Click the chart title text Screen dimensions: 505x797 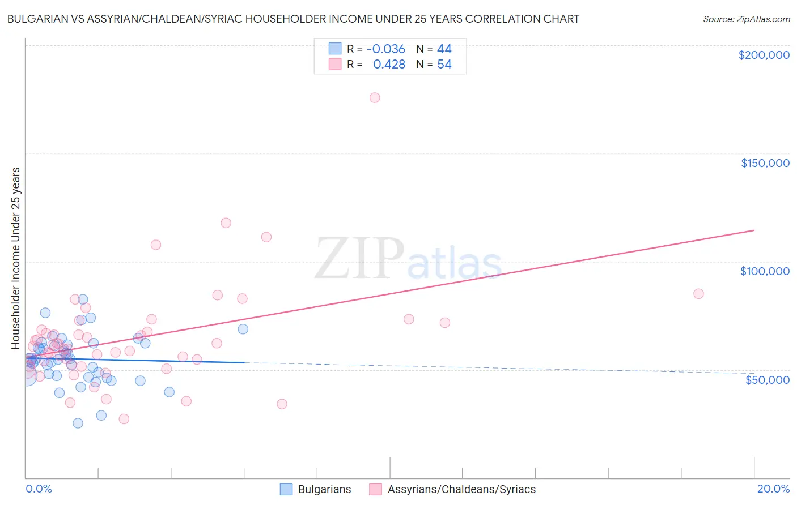tap(292, 19)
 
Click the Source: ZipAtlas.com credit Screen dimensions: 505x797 tap(746, 19)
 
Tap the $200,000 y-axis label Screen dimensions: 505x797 tap(764, 55)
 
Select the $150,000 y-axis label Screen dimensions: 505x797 tap(765, 163)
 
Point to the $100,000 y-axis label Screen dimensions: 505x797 tap(765, 271)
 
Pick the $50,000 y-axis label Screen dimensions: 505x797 tap(767, 379)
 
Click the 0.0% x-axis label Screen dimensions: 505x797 tap(39, 489)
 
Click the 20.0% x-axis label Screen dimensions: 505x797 tap(773, 489)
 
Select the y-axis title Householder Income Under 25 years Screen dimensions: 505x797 tap(16, 258)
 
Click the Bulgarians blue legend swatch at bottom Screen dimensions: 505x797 tap(286, 489)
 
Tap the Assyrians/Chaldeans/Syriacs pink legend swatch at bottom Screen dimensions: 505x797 tap(375, 489)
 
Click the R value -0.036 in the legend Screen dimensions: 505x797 tap(385, 49)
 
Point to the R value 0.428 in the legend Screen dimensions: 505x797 tap(389, 65)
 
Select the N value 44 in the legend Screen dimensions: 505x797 tap(444, 49)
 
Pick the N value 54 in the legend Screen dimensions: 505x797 tap(444, 65)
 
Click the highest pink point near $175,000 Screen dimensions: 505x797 tap(375, 97)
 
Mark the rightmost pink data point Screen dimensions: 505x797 tap(698, 293)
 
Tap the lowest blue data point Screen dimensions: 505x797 tap(78, 423)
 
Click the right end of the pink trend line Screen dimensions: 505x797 tap(754, 230)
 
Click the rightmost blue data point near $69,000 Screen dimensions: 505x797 tap(243, 329)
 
